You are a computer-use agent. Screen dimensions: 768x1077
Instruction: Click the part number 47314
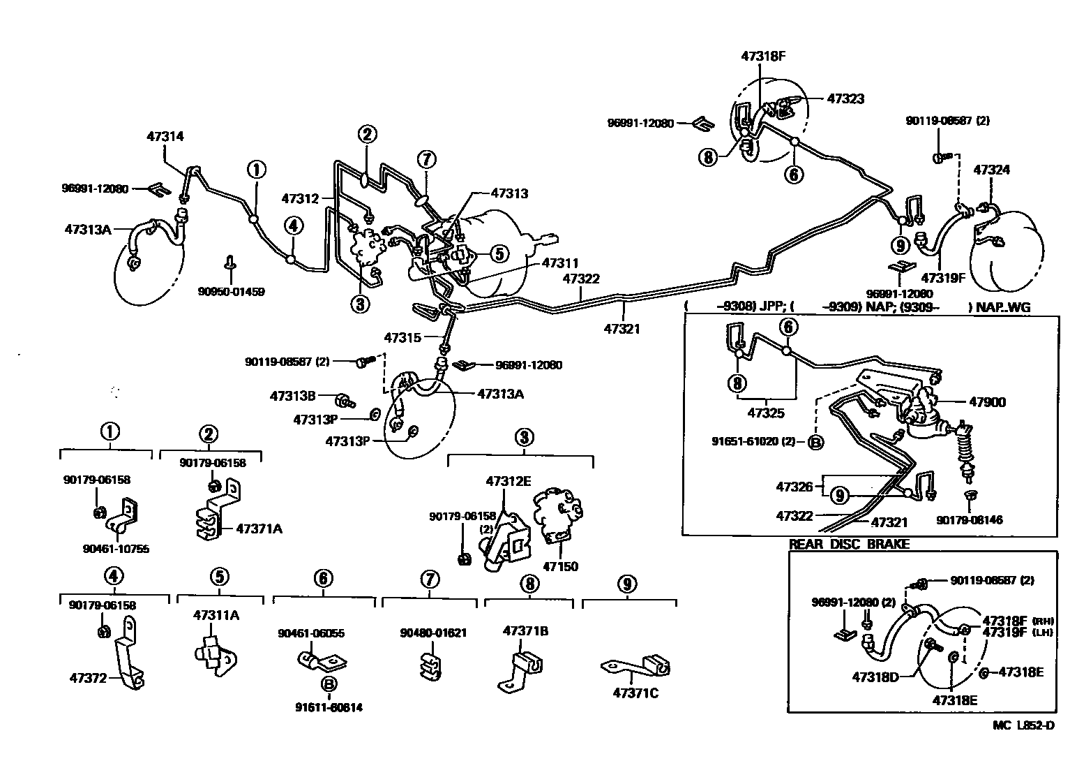point(165,136)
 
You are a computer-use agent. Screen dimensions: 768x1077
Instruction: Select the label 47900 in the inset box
point(987,401)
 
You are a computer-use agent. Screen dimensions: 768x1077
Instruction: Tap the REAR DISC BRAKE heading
point(849,544)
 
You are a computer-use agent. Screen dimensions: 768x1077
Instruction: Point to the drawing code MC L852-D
point(1023,725)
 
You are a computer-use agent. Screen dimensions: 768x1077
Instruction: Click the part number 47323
point(845,98)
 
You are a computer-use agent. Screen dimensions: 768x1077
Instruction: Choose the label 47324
point(991,170)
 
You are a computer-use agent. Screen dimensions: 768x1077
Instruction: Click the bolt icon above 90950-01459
point(229,263)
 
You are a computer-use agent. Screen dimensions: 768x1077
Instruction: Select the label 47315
point(402,338)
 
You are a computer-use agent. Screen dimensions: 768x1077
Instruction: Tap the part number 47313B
point(293,396)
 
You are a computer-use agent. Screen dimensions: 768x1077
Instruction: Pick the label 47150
point(560,566)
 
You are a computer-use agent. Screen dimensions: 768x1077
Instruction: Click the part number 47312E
point(509,481)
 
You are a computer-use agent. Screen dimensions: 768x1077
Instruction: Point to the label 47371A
point(259,529)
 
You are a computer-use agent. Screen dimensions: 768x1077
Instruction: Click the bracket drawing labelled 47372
point(130,653)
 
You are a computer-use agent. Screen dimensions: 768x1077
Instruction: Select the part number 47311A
point(216,615)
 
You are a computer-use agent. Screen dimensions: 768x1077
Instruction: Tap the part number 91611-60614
point(329,707)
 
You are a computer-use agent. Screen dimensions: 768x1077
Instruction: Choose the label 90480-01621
point(433,633)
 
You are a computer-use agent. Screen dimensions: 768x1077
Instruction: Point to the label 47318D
point(875,677)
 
